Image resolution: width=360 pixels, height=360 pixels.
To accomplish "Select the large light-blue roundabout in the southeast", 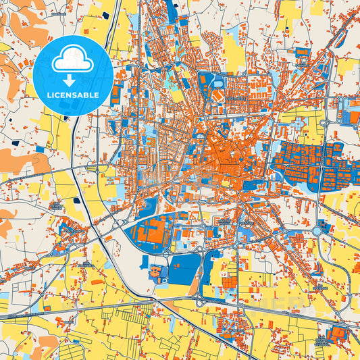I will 317,232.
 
